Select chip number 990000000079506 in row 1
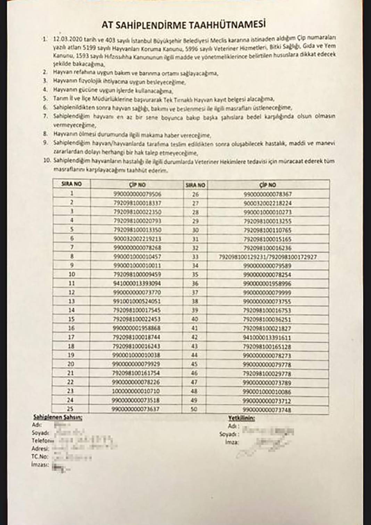coord(137,194)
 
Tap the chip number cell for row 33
coord(267,257)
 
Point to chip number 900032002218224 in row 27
coord(267,203)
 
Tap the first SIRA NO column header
coord(71,184)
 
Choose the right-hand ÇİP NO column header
coord(267,185)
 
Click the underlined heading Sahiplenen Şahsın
coord(57,418)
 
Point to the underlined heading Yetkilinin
coord(241,418)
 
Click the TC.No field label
coord(40,457)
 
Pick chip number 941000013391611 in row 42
coord(267,338)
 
